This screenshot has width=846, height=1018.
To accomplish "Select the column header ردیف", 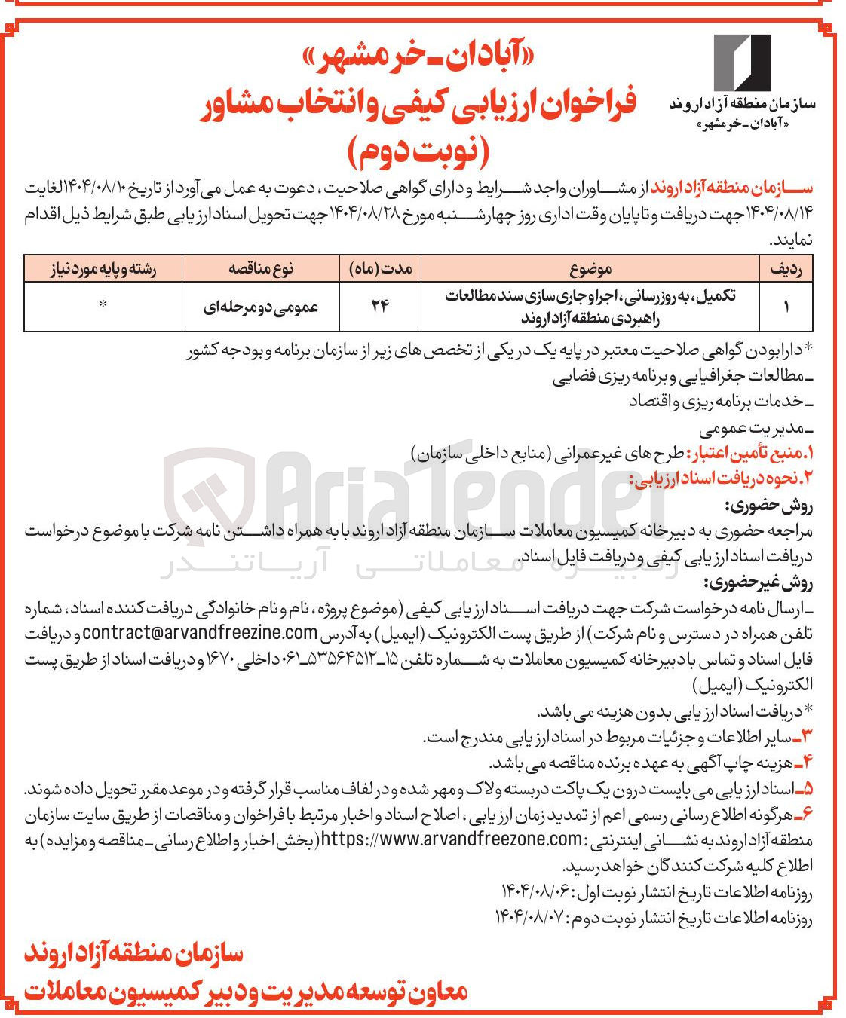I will [786, 268].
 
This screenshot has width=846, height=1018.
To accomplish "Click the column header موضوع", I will [590, 268].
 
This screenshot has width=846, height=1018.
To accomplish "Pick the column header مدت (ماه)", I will [383, 268].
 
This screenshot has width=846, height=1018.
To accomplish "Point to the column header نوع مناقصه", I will [262, 268].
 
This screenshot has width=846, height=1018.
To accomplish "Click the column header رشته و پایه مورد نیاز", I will [103, 268].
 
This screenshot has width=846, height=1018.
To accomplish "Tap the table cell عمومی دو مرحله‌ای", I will [262, 307].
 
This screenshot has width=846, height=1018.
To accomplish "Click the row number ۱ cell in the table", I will [786, 307].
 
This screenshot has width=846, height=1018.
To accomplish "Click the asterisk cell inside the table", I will [103, 304].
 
